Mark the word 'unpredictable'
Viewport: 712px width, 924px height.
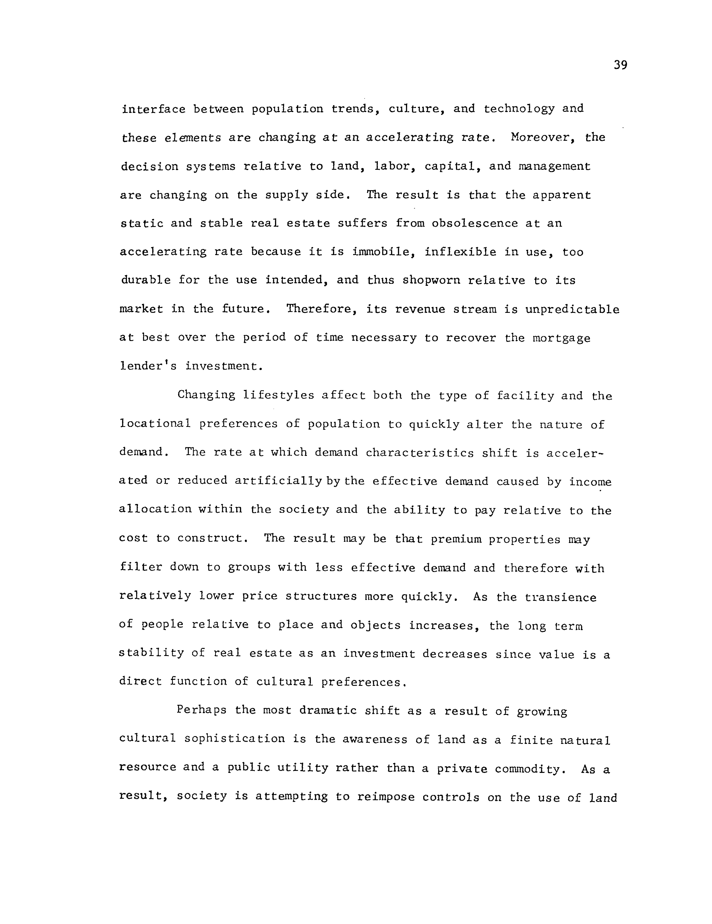tap(572, 309)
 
